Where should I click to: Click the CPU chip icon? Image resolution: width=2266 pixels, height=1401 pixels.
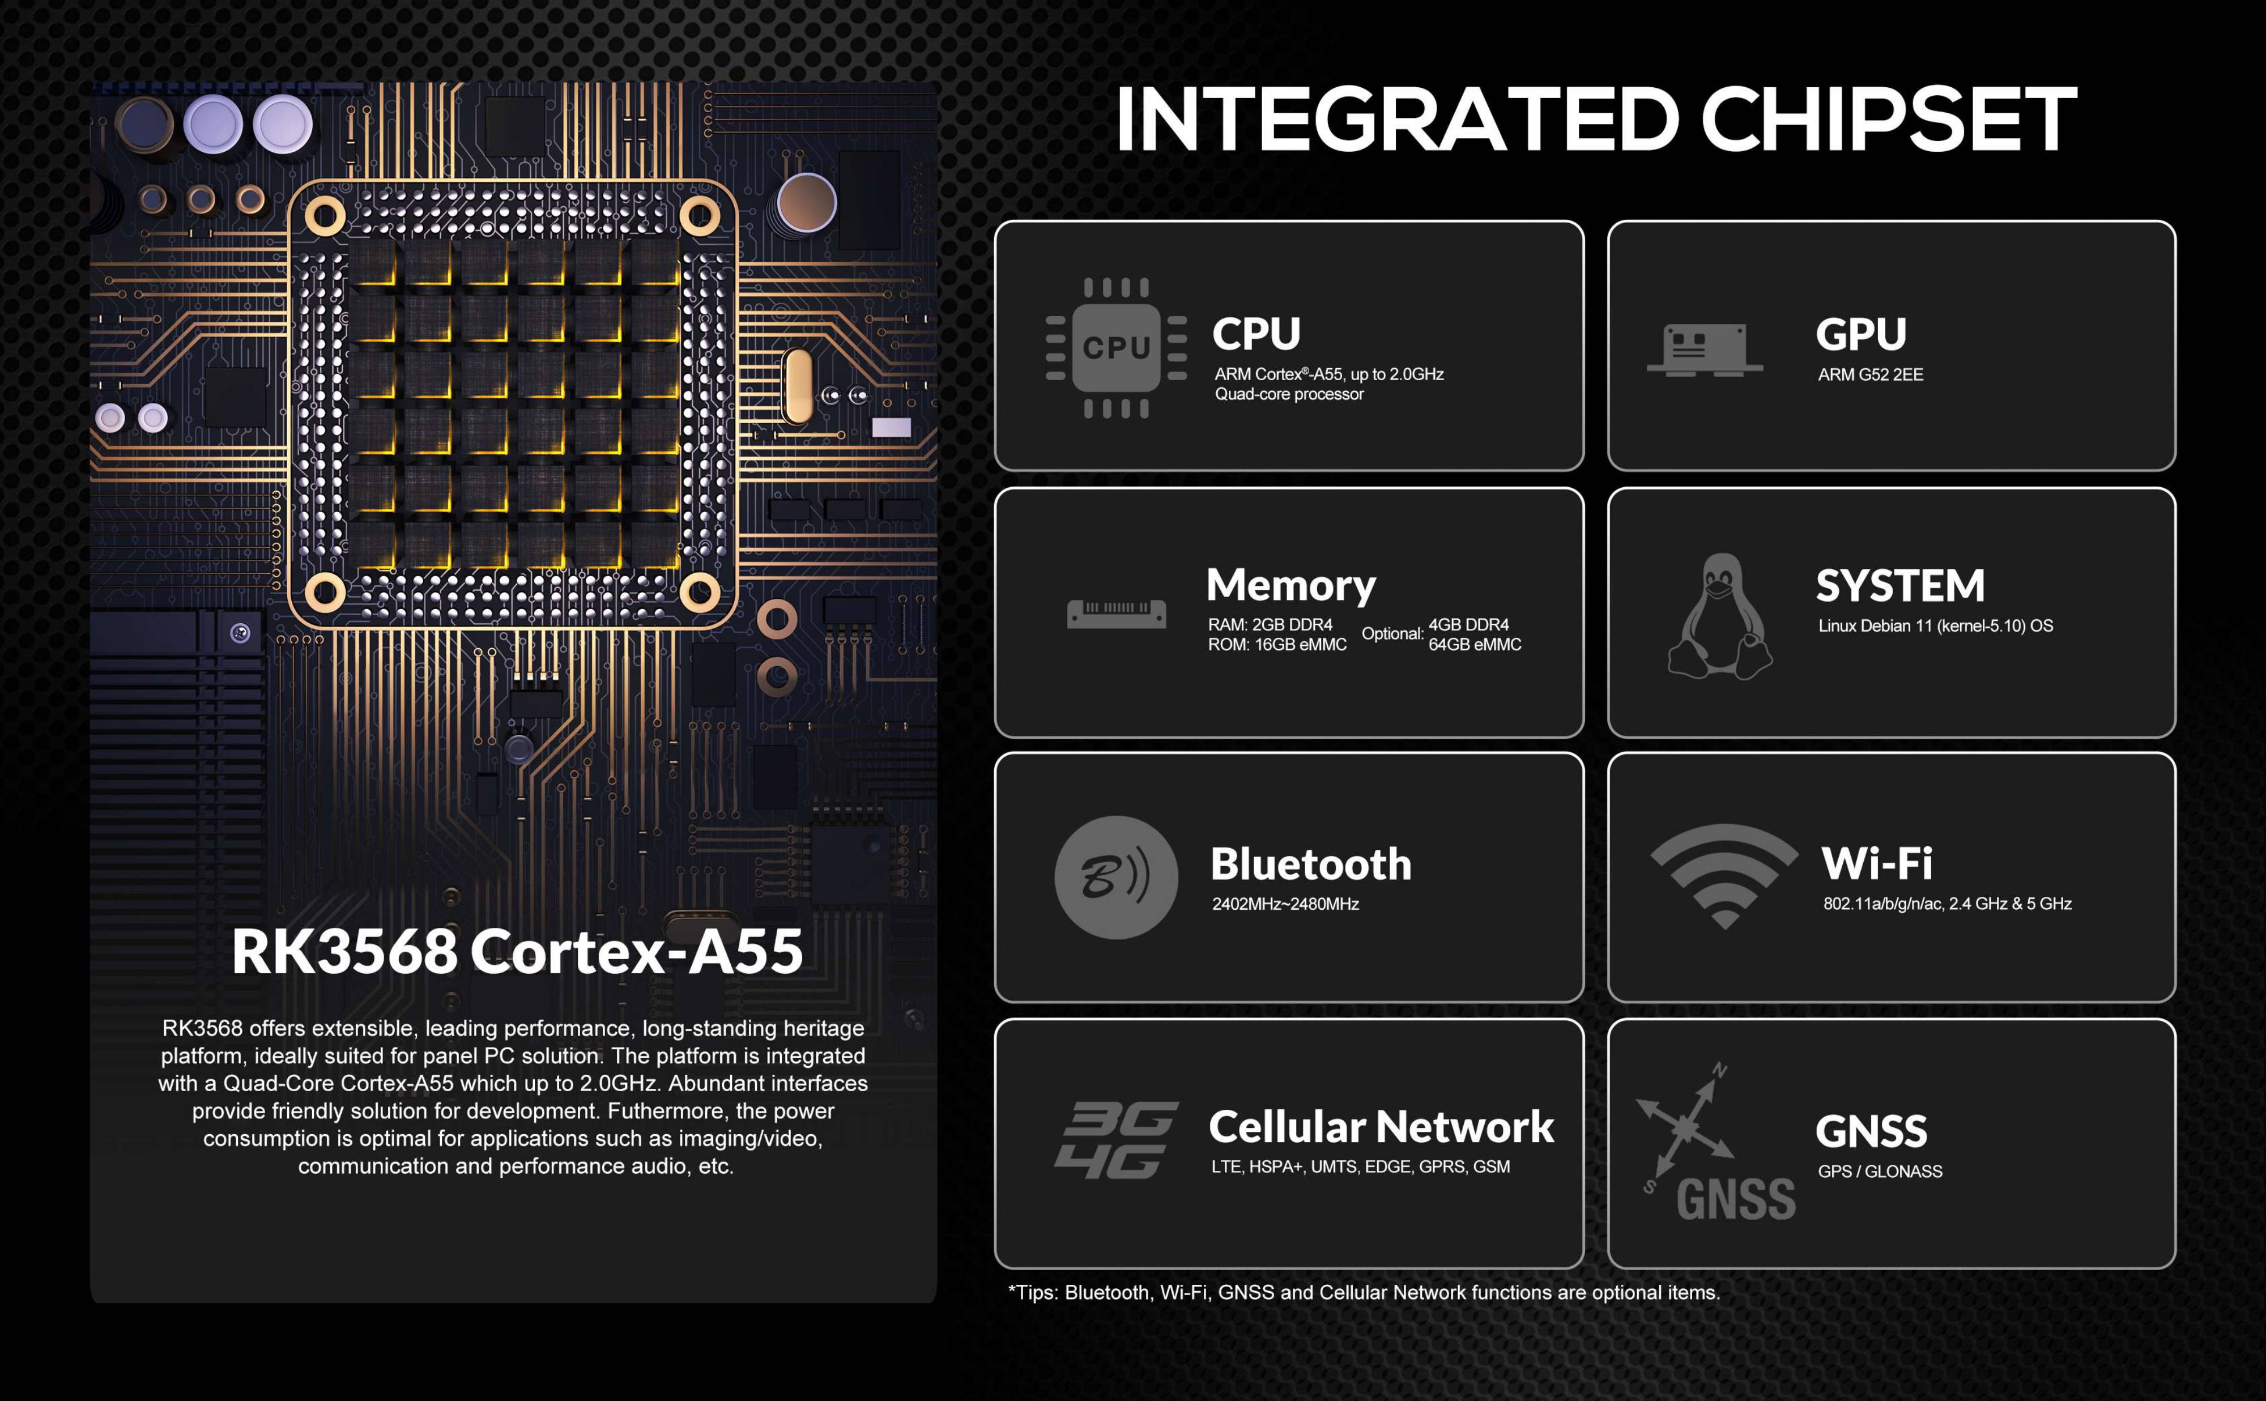point(1117,347)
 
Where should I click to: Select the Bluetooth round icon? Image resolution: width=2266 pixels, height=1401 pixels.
point(1117,878)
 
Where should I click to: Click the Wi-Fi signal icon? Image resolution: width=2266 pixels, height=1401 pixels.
point(1724,876)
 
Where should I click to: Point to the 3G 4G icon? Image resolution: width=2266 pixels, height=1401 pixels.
point(1117,1140)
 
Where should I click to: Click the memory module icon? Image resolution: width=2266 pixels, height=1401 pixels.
point(1117,614)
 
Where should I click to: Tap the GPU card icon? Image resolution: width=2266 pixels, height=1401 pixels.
point(1705,350)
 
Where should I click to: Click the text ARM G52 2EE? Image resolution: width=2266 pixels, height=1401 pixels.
point(1871,374)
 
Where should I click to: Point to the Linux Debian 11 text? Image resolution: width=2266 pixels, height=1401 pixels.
point(1935,625)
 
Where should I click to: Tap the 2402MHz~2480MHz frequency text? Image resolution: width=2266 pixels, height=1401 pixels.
point(1285,904)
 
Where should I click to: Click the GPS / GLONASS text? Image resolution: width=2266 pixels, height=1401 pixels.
point(1880,1171)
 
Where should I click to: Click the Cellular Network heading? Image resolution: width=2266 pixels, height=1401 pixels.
point(1381,1127)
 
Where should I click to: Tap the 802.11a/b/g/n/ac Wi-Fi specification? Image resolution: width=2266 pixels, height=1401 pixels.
point(1947,904)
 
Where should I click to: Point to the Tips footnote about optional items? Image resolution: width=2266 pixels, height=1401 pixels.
point(1364,1293)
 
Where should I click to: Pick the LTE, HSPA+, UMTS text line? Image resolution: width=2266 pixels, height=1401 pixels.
point(1360,1166)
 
